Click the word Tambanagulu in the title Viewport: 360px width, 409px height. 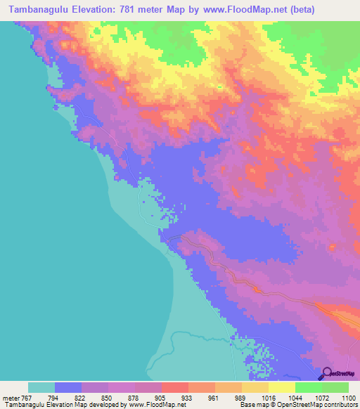[x=35, y=9]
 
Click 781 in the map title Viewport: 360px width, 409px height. [x=125, y=9]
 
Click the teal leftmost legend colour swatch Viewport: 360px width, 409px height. [x=41, y=387]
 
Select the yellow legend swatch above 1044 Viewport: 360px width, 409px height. [x=282, y=387]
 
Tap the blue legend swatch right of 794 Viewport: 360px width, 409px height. [x=68, y=387]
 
